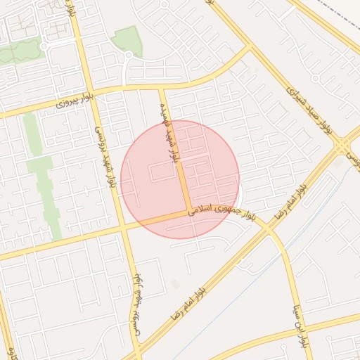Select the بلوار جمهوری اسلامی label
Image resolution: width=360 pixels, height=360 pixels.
click(x=219, y=208)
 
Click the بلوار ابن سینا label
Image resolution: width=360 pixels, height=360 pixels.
click(x=300, y=328)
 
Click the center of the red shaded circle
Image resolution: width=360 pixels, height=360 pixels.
click(x=180, y=179)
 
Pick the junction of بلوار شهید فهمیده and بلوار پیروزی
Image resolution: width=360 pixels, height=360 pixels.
click(x=162, y=88)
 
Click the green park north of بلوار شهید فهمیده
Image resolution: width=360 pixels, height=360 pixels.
click(x=127, y=42)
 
